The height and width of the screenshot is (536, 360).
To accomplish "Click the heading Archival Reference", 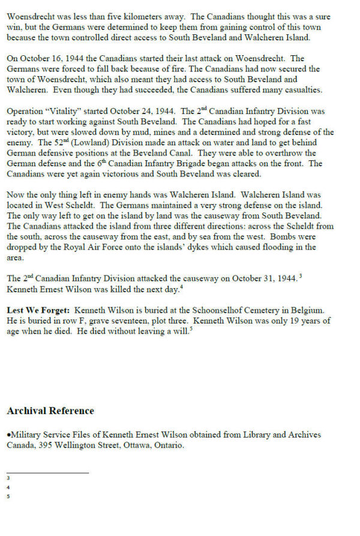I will [50, 411].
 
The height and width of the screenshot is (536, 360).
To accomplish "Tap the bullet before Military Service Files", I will [9, 435].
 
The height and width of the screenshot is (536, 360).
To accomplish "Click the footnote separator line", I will [47, 472].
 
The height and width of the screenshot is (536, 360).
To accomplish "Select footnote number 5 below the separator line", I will [8, 496].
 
